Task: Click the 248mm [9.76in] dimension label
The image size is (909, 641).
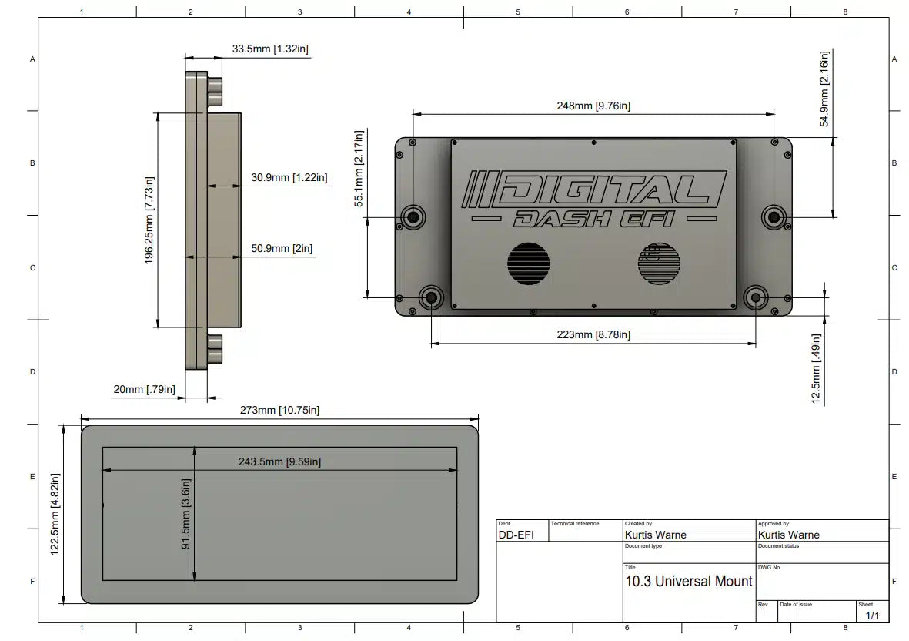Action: pos(593,106)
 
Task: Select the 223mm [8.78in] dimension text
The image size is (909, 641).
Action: pos(593,334)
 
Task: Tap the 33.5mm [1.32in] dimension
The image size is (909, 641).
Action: pos(270,49)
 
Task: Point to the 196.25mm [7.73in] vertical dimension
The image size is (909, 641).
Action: pos(150,220)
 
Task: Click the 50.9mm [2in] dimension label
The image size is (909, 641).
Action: pos(282,249)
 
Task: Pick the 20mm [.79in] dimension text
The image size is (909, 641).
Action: pos(144,390)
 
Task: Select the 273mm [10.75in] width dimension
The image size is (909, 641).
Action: pos(279,411)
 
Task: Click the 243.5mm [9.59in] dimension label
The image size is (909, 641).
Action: pos(279,461)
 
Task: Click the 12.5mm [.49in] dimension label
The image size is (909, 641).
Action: pos(816,368)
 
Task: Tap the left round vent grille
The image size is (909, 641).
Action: pos(528,263)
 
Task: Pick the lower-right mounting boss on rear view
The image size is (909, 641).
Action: pos(756,297)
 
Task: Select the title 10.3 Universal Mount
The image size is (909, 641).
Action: pos(688,581)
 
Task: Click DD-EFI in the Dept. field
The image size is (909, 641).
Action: pos(516,535)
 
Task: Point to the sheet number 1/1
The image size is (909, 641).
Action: pos(872,616)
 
